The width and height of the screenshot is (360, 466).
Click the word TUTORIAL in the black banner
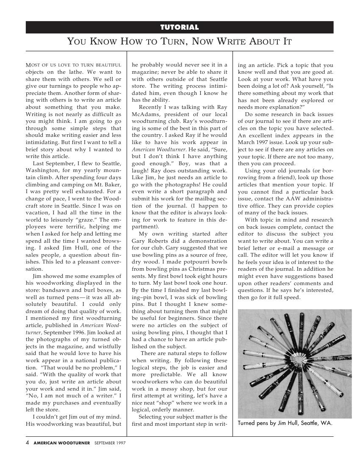(x=180, y=28)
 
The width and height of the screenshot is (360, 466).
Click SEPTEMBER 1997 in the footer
(x=110, y=443)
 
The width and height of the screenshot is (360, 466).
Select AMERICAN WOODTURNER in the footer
(x=62, y=443)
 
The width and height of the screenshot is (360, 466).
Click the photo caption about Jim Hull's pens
(x=285, y=423)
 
